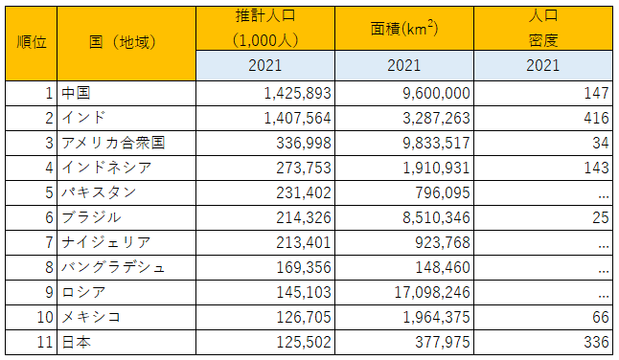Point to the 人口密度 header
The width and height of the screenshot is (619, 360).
click(x=543, y=28)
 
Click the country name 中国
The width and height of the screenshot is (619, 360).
click(x=76, y=93)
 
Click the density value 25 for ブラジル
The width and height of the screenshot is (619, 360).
click(x=600, y=217)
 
